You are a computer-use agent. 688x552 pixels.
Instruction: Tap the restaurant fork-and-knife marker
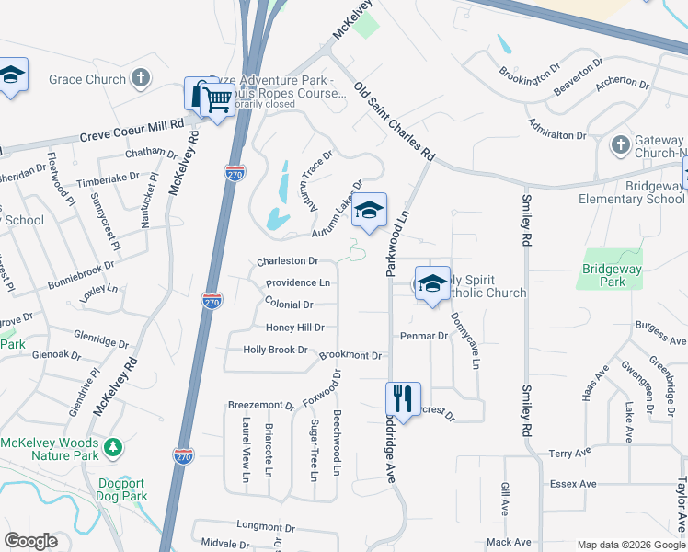point(403,400)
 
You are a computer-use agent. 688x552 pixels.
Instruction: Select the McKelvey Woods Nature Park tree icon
point(113,447)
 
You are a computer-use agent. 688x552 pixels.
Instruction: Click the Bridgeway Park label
point(603,275)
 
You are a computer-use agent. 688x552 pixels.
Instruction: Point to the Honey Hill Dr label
point(295,328)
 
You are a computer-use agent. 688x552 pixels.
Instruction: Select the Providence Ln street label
point(298,283)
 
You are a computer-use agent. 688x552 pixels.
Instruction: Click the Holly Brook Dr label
point(275,350)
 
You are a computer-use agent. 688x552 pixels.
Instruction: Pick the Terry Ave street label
point(569,454)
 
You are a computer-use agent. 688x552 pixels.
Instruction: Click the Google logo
point(31,541)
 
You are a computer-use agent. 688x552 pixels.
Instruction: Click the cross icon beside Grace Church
point(141,78)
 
